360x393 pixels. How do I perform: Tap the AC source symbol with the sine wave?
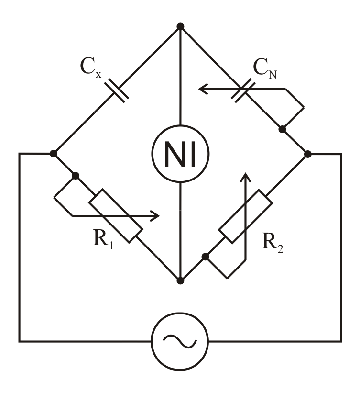[x=180, y=341]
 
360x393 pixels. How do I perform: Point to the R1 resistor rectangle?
[x=116, y=215]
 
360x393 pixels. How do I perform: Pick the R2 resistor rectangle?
[x=246, y=215]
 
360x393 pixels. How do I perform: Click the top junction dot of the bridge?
[x=180, y=26]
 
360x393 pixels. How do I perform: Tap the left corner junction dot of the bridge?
[x=54, y=154]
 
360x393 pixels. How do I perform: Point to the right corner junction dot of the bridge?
[x=308, y=154]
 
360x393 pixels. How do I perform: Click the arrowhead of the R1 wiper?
[x=155, y=216]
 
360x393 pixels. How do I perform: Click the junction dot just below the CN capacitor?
[x=282, y=129]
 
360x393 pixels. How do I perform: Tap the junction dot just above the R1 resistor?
[x=75, y=176]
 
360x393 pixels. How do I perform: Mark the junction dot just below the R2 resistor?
[x=205, y=257]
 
